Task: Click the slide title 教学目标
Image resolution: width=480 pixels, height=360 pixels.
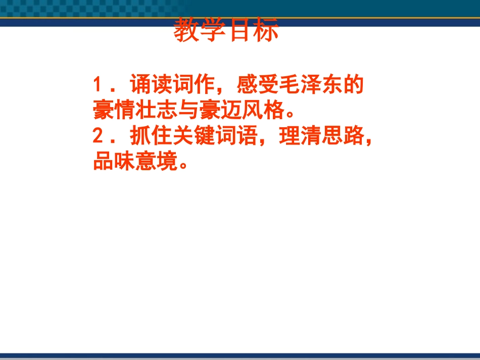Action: pyautogui.click(x=226, y=31)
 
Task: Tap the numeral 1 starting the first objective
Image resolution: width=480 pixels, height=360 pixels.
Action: pyautogui.click(x=98, y=84)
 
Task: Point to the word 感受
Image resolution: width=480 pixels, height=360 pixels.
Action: pyautogui.click(x=261, y=84)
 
